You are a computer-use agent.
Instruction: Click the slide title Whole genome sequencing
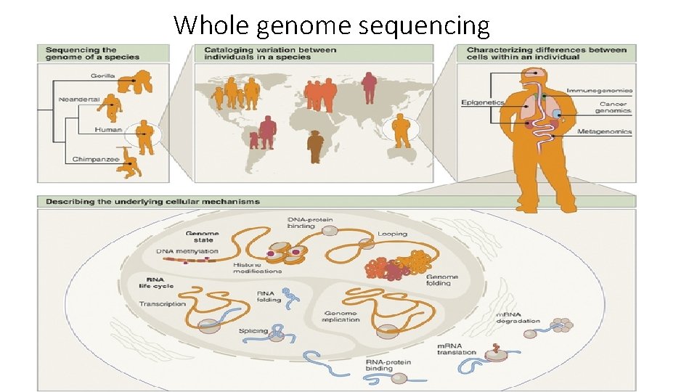pyautogui.click(x=332, y=25)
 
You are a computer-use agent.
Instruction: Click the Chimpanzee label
pyautogui.click(x=96, y=159)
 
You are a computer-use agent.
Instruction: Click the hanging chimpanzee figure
pyautogui.click(x=131, y=164)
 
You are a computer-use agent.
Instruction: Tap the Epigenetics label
pyautogui.click(x=482, y=102)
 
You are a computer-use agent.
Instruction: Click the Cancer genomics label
pyautogui.click(x=613, y=107)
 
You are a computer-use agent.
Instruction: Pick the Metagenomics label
pyautogui.click(x=604, y=132)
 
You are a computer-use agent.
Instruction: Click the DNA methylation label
pyautogui.click(x=187, y=251)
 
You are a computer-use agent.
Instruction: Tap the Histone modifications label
pyautogui.click(x=258, y=267)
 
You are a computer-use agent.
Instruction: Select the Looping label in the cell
pyautogui.click(x=392, y=234)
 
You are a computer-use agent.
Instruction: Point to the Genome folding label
pyautogui.click(x=442, y=279)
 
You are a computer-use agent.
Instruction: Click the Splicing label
pyautogui.click(x=253, y=331)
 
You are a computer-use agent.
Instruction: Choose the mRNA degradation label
pyautogui.click(x=518, y=317)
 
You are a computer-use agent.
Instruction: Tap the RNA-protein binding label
pyautogui.click(x=388, y=364)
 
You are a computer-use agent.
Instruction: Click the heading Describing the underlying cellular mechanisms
pyautogui.click(x=153, y=201)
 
